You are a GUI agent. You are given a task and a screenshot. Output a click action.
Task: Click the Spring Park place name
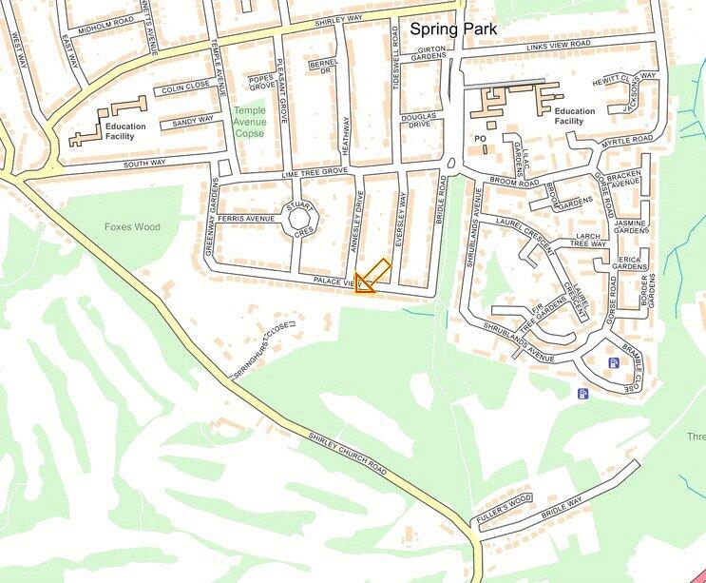[x=452, y=29]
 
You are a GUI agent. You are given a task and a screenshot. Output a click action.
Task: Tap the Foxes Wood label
[x=133, y=227]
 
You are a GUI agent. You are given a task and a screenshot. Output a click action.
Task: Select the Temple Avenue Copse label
[x=250, y=122]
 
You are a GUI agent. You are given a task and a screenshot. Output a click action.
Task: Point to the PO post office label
[x=480, y=139]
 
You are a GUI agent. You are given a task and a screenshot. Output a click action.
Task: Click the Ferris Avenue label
[x=245, y=219]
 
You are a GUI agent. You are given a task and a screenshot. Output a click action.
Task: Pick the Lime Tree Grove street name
[x=315, y=172]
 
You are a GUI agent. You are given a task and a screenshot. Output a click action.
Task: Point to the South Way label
[x=144, y=163]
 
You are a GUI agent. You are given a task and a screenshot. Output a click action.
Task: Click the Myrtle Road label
[x=627, y=142]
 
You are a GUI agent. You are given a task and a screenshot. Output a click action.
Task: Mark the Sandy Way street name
[x=193, y=121]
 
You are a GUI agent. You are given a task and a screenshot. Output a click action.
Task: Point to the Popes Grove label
[x=262, y=81]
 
